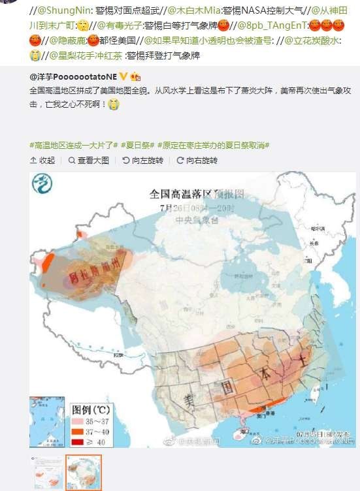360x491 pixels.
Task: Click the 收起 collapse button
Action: [x=42, y=161]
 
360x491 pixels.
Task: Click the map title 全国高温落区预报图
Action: [x=197, y=194]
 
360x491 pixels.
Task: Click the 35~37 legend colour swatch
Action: [x=79, y=421]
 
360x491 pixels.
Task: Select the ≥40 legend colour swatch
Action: [x=79, y=442]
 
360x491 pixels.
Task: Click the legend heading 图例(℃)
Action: [x=91, y=410]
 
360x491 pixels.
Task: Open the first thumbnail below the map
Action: [x=48, y=473]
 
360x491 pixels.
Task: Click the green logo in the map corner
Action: [x=43, y=185]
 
